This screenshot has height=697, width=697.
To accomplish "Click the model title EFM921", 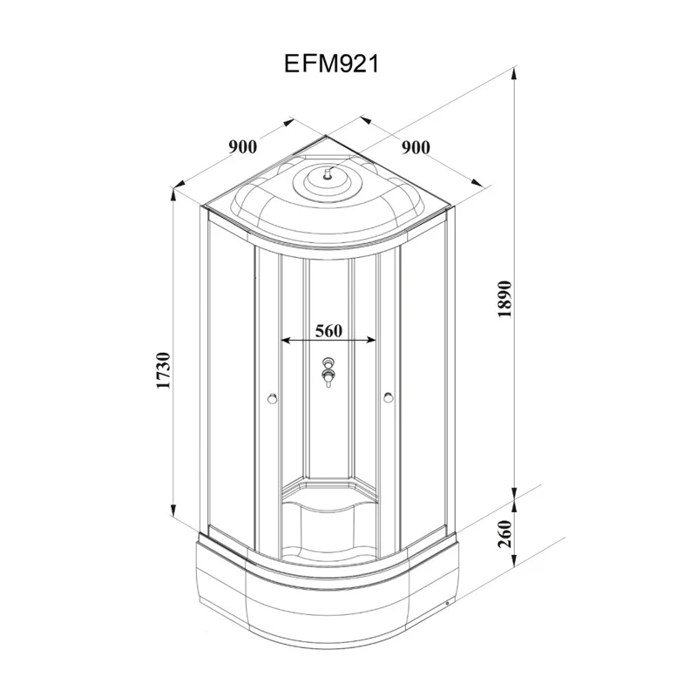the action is pos(331,64).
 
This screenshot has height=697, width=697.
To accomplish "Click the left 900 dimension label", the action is pos(243,146).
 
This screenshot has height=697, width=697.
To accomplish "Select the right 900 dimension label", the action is pos(416,147).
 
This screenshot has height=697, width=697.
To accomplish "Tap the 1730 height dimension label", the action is pos(164,370).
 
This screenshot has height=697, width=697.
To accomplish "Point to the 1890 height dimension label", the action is pos(505,299).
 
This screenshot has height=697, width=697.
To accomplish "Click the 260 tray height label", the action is pos(505,533).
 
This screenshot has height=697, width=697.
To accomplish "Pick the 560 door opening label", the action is pos(329,331).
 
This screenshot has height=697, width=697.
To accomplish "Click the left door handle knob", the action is pos(272,398).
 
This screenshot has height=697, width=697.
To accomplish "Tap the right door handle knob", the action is pos(388,397).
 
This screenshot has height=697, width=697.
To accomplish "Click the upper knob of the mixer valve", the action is pos(329,362).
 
